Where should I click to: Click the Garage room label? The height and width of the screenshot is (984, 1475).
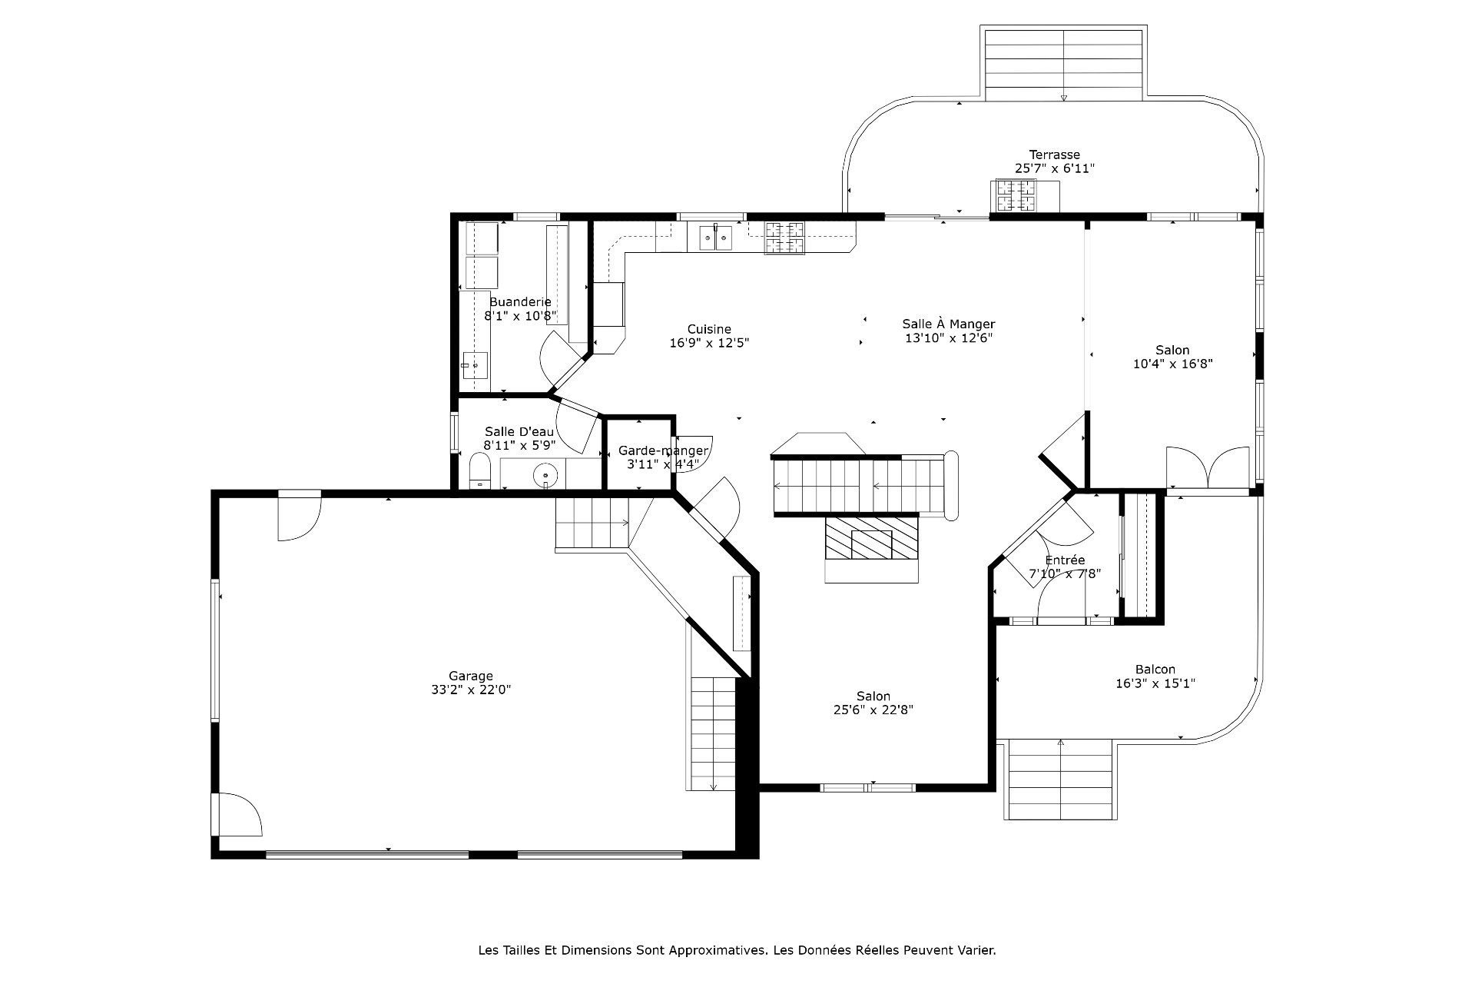click(471, 676)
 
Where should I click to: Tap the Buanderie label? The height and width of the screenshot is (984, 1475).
click(520, 301)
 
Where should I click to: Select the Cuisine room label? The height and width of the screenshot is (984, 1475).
click(709, 329)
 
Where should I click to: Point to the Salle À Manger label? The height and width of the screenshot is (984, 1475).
click(949, 324)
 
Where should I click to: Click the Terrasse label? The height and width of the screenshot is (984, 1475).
click(1055, 155)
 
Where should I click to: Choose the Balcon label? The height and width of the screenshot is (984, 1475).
click(1155, 669)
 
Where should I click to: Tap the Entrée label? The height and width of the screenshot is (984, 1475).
click(1065, 560)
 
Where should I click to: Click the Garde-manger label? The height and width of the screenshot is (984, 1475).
click(664, 450)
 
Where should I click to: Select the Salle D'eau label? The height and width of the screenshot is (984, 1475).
click(519, 431)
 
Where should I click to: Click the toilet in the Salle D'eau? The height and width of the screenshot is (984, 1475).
click(480, 470)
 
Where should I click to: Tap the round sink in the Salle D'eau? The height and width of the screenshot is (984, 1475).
click(545, 475)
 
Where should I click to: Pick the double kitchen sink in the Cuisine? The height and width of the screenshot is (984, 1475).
click(717, 238)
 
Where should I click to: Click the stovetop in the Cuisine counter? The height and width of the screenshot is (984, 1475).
click(784, 238)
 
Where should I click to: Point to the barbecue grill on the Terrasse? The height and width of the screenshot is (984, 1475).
click(1016, 195)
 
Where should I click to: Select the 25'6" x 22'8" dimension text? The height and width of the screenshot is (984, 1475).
click(873, 710)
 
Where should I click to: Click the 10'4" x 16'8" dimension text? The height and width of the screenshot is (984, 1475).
click(1172, 364)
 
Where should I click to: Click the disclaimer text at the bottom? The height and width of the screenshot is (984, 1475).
click(737, 950)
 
